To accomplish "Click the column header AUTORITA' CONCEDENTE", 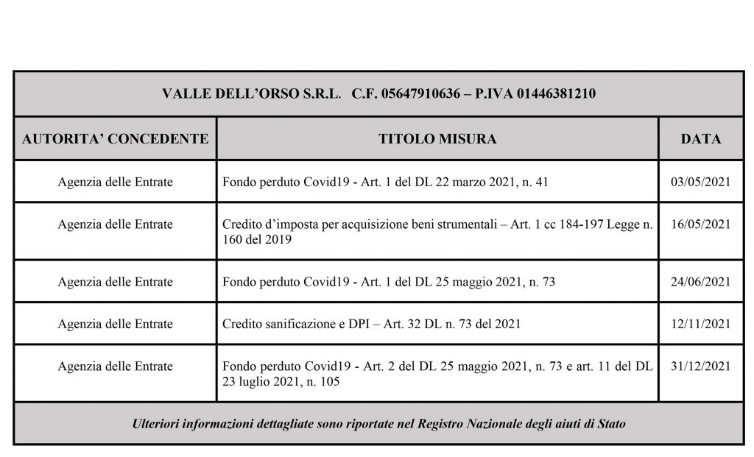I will point(115,138).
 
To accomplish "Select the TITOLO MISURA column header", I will point(437,138).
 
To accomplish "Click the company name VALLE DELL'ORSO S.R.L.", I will point(250,94).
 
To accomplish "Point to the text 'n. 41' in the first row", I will point(532,182).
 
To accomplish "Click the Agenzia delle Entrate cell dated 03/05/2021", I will point(115,182).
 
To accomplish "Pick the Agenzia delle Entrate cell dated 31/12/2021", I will point(115,366).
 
